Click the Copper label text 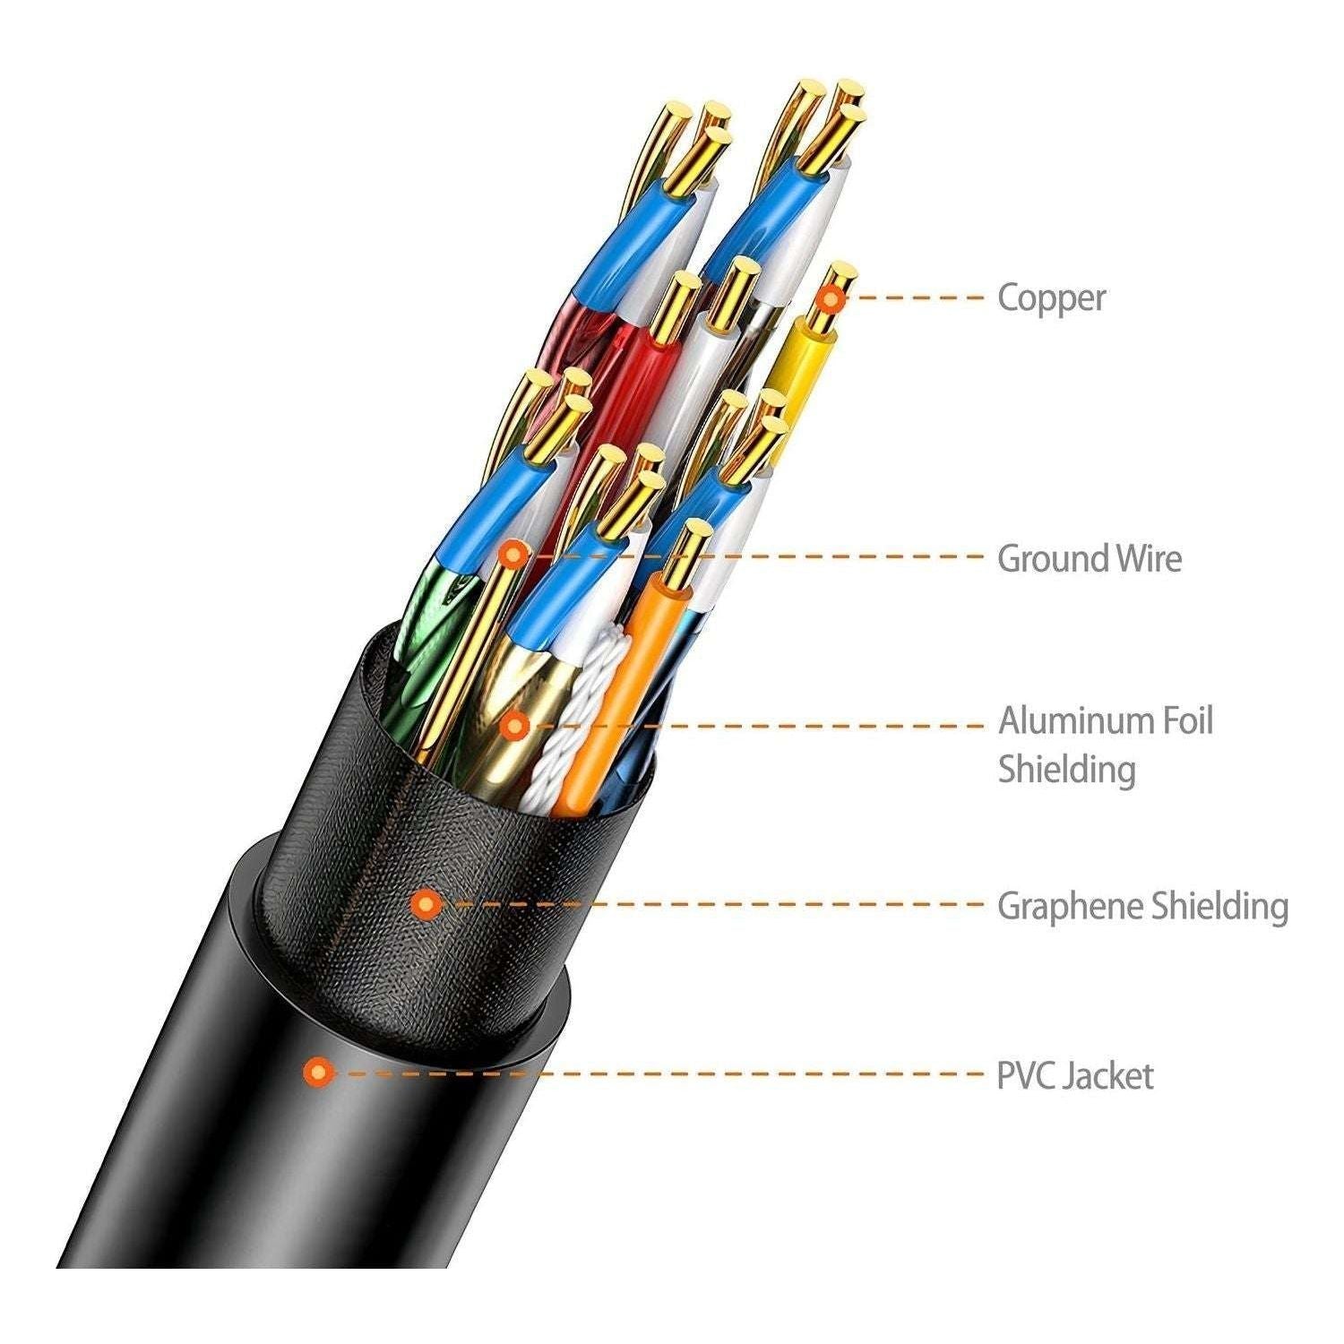tap(1051, 297)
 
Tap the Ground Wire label tap(1089, 558)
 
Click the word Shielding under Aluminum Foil tap(1066, 770)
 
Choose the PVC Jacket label tap(1074, 1075)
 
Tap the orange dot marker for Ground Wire tap(513, 556)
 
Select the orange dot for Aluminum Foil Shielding tap(513, 724)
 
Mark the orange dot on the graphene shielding tap(426, 904)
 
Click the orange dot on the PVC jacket tap(318, 1072)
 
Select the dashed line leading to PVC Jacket tap(663, 1073)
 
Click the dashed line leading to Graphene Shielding tap(717, 904)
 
